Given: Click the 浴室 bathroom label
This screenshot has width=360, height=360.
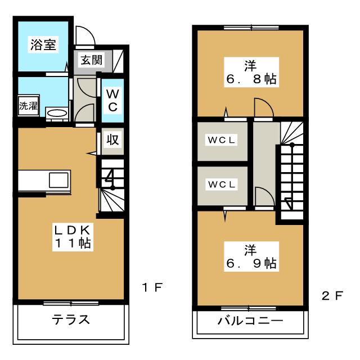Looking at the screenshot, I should pyautogui.click(x=42, y=46).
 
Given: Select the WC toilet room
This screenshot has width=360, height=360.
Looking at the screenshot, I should pyautogui.click(x=112, y=100).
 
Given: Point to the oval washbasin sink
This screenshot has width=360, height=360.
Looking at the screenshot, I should pyautogui.click(x=57, y=113).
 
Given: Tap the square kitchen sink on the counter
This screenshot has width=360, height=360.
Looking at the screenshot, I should pyautogui.click(x=58, y=181).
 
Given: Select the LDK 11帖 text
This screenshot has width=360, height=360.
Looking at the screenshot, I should pyautogui.click(x=73, y=236).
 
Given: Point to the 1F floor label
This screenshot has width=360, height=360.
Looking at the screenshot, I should pyautogui.click(x=152, y=288).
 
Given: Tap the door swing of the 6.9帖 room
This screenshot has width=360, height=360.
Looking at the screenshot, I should pyautogui.click(x=263, y=197).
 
